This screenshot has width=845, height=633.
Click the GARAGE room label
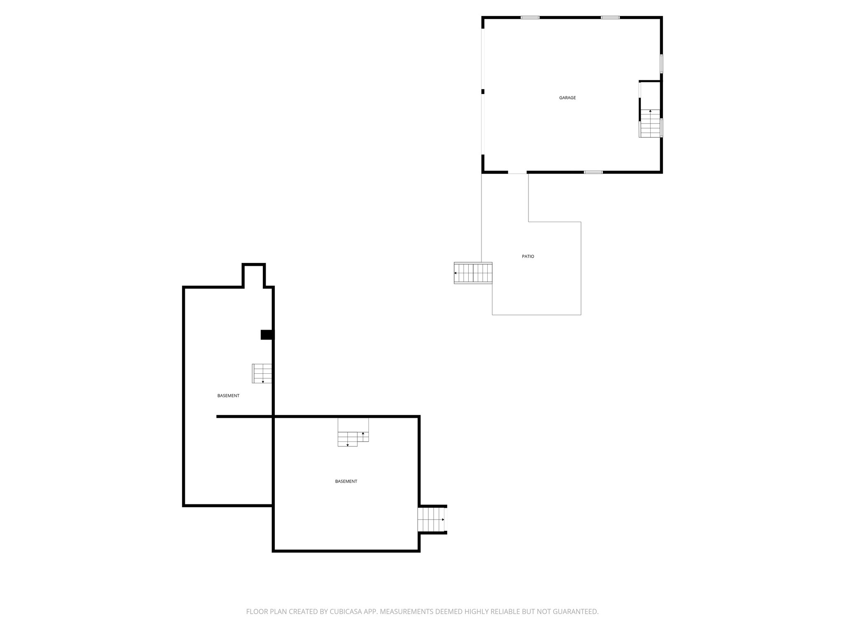point(567,98)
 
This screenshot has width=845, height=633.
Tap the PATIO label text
point(528,256)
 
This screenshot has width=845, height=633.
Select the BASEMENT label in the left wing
point(228,396)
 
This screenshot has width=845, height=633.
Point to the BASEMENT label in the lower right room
point(346,481)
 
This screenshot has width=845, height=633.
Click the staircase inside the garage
point(650,123)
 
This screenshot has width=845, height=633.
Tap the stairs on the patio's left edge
point(473,273)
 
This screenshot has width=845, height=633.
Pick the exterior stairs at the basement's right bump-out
point(432,520)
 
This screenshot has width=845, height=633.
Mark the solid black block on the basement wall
point(267,335)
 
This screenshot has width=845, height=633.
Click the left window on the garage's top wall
point(530,17)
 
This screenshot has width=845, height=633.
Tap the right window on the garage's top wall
point(610,17)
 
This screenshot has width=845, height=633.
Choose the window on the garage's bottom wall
point(593,172)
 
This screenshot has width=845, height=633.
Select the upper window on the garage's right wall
point(661,64)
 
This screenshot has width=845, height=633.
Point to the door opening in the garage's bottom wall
point(517,173)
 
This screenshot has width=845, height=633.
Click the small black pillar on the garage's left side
point(483,91)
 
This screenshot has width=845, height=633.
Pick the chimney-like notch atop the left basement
point(253,275)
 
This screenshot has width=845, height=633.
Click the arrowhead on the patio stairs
point(456,273)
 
